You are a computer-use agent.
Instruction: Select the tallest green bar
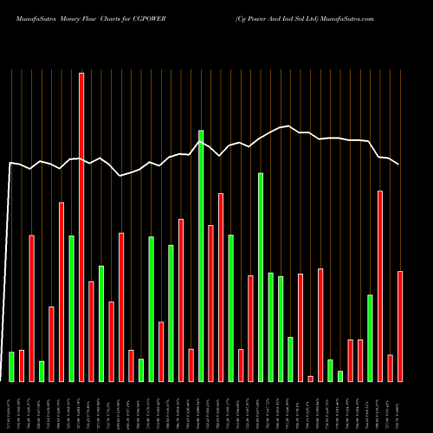[x=201, y=255]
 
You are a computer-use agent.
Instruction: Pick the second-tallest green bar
[x=261, y=277]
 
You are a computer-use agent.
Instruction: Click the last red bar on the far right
[x=400, y=326]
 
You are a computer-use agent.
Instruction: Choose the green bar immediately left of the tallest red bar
[x=71, y=307]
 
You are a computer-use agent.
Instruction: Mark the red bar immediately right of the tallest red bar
[x=91, y=331]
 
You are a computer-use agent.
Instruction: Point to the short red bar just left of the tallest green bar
[x=191, y=365]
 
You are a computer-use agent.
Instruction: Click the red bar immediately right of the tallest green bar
[x=210, y=303]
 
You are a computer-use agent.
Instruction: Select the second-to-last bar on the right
[x=391, y=368]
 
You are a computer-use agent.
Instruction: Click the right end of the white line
[x=399, y=165]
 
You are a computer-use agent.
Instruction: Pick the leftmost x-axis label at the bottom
[x=11, y=407]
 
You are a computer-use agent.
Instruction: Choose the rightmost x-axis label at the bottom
[x=400, y=407]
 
